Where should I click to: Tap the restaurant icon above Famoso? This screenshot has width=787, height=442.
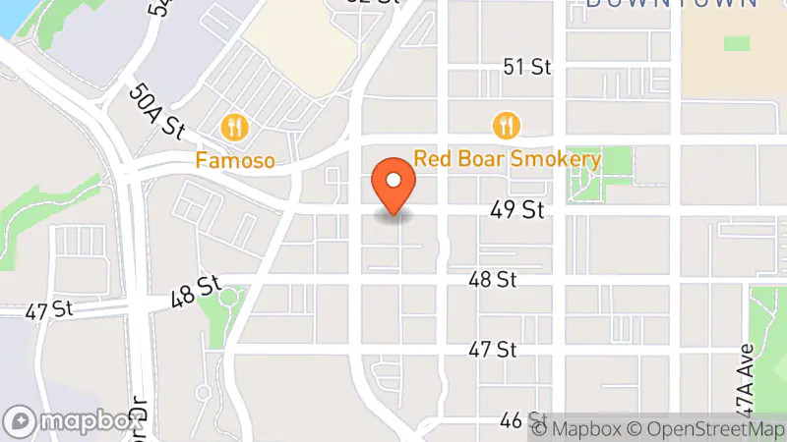[x=234, y=127]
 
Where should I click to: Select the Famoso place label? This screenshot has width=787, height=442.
[x=234, y=158]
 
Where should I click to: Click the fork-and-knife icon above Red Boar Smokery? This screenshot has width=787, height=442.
[x=507, y=125]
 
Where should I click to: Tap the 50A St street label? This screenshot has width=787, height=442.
[x=156, y=111]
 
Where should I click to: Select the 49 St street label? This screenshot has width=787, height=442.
[x=517, y=210]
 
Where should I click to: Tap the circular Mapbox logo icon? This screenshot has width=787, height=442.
[x=21, y=421]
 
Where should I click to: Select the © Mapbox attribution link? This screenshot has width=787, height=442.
[x=578, y=428]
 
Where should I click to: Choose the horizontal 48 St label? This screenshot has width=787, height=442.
[x=492, y=280]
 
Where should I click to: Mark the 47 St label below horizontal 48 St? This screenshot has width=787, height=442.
[x=492, y=350]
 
